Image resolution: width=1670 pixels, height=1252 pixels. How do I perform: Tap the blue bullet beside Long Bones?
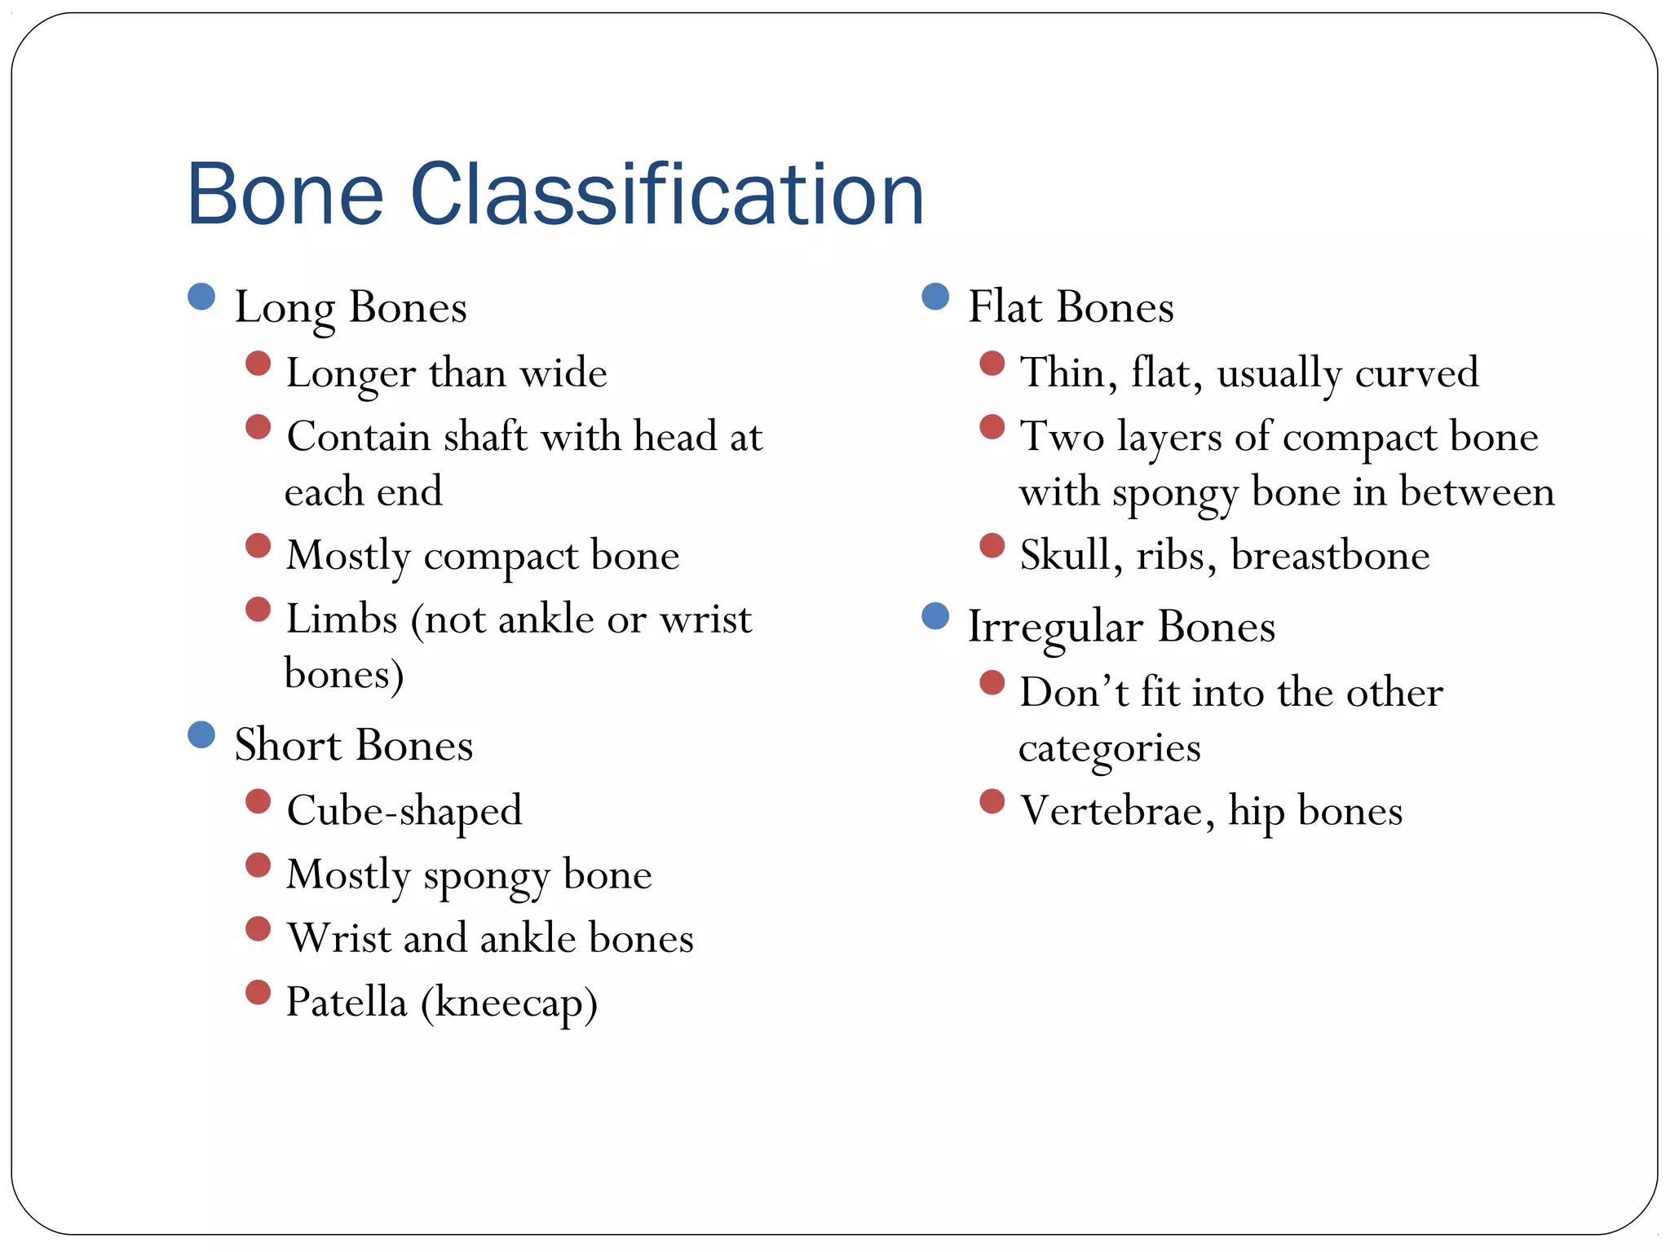(201, 297)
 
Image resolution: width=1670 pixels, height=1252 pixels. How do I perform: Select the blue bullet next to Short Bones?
(201, 734)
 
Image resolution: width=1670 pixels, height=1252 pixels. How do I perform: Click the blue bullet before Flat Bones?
(935, 297)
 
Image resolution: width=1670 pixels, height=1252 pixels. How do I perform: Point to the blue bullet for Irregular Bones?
(935, 616)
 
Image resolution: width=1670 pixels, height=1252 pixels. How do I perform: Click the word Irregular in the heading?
(1055, 627)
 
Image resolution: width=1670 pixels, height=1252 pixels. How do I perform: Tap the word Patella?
(347, 1002)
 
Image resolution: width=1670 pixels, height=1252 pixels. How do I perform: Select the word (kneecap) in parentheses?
(509, 1003)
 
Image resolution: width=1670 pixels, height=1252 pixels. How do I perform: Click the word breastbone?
(1330, 555)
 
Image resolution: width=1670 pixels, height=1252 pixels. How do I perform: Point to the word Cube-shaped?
(404, 810)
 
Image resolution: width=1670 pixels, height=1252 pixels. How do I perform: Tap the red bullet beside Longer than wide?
(258, 363)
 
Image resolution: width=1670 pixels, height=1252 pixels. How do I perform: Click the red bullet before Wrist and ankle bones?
(258, 928)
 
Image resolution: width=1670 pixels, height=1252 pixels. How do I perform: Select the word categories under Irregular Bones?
(1109, 748)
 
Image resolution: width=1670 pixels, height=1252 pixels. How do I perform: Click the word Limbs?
(342, 619)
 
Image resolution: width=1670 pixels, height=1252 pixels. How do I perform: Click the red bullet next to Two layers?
(992, 426)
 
